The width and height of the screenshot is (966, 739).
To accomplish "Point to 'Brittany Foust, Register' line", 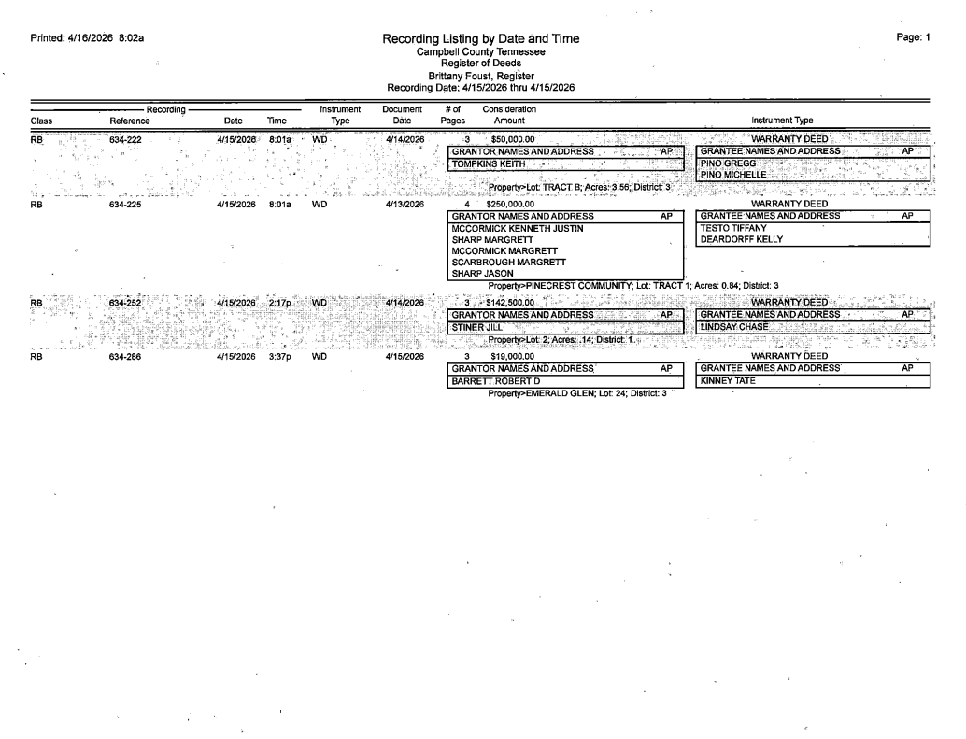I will coord(481,76).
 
